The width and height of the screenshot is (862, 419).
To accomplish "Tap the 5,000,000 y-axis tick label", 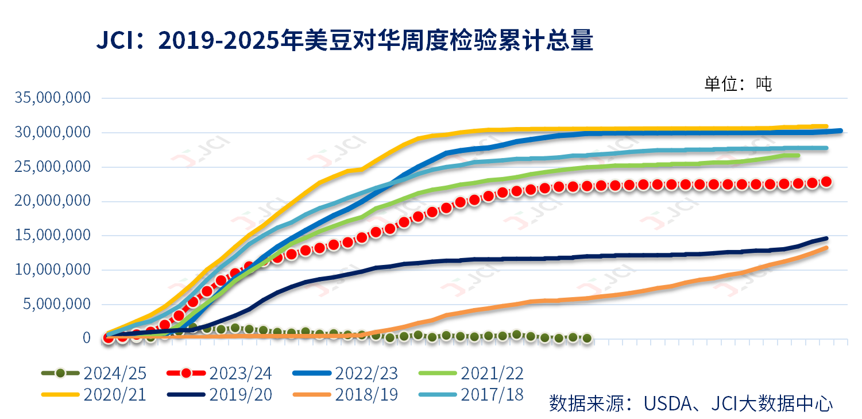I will pos(57,304).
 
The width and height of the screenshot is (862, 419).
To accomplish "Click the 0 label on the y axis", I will pos(86,338).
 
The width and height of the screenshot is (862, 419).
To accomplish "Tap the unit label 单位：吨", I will pos(738,84).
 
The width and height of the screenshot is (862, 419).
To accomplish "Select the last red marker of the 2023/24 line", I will pos(826,182).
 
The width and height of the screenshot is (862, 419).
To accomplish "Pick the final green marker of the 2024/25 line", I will pos(587,339).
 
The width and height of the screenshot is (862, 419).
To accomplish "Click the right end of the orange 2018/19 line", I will pos(826,248).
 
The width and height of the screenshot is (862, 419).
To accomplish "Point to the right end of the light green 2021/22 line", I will pos(798,155).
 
